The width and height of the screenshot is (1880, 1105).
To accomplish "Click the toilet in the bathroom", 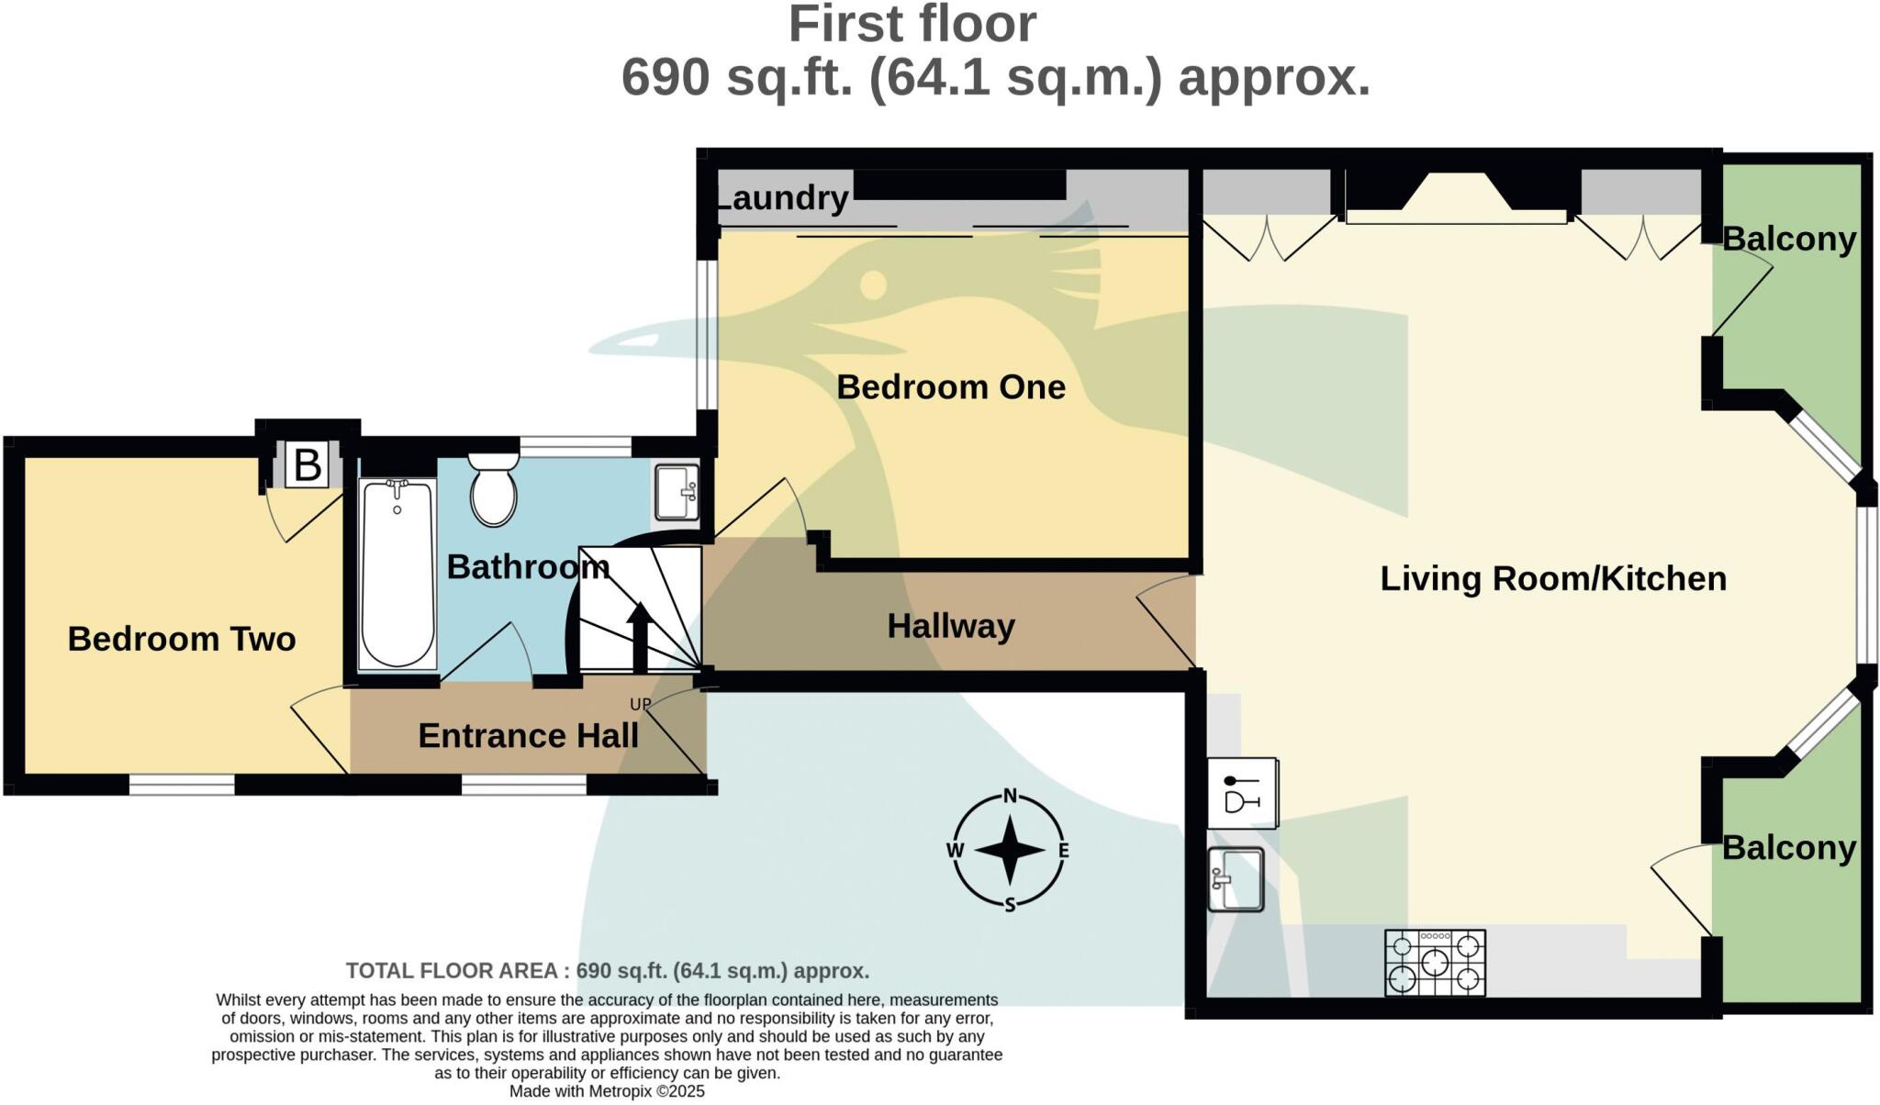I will (494, 491).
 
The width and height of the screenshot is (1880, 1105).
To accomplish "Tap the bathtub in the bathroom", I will (397, 575).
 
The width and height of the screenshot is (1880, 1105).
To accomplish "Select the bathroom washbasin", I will (677, 493).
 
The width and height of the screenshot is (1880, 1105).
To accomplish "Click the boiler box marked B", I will (307, 465).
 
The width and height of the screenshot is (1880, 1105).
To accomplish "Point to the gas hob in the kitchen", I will (1435, 963).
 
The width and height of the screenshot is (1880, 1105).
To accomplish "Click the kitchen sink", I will (1236, 879).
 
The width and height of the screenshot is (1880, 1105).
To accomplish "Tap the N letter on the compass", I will (1010, 796).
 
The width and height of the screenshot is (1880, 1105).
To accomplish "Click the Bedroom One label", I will (950, 386).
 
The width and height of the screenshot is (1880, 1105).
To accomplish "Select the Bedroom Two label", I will (182, 639).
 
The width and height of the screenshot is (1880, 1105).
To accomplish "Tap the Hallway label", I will (951, 626).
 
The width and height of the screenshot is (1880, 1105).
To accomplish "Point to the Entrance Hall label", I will (528, 735).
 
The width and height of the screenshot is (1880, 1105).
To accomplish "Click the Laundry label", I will (782, 197).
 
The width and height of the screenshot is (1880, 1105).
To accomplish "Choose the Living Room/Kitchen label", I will (1553, 578).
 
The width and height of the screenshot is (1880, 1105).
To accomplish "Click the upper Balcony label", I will (1788, 239).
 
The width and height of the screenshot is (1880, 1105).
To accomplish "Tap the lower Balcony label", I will (1788, 847).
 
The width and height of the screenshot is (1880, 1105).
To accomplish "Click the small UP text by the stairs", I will (640, 704).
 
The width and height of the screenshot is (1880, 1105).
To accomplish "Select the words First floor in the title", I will (912, 24).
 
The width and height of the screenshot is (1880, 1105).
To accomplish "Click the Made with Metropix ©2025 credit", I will (607, 1091).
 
